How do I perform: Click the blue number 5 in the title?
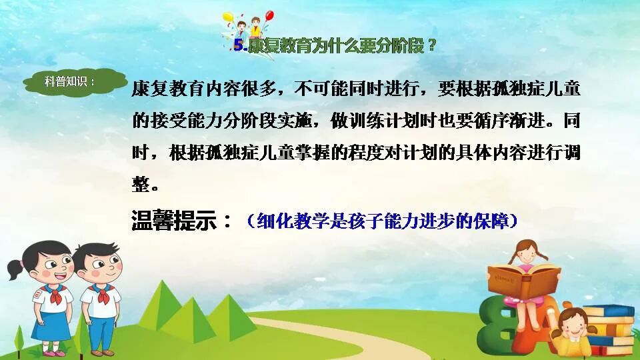pos(239,45)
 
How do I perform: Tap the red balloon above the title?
pos(269,15)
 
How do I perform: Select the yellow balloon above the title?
pos(228,16)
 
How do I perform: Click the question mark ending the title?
pos(433,46)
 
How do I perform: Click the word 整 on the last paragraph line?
pos(141,183)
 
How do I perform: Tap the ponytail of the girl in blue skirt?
pos(15,268)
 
